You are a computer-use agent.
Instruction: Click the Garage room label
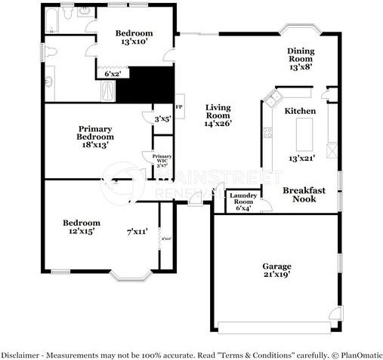(x=276, y=266)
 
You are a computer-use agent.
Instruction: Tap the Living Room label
(x=218, y=110)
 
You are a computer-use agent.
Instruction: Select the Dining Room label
(x=300, y=55)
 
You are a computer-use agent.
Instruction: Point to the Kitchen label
(x=299, y=111)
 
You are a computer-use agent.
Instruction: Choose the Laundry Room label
(x=243, y=198)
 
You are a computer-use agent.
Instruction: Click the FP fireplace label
(x=179, y=107)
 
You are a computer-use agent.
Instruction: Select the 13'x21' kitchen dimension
(x=300, y=158)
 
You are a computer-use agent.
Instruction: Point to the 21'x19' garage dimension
(x=276, y=275)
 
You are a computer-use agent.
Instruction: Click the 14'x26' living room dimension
(x=218, y=123)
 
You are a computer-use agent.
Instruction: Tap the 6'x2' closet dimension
(x=111, y=74)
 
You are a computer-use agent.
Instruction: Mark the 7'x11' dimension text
(x=137, y=232)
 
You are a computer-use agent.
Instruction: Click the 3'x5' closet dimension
(x=162, y=118)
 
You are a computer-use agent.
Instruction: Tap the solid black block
(x=145, y=85)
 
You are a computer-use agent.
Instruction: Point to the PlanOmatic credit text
(x=358, y=355)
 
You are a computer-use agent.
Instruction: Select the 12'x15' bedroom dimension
(x=81, y=232)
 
